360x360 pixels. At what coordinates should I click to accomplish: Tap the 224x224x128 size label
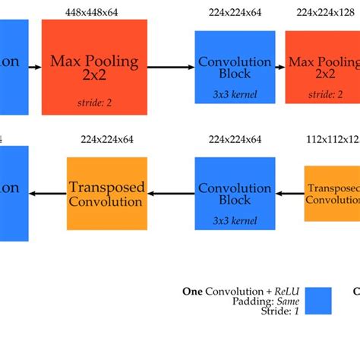pyautogui.click(x=327, y=12)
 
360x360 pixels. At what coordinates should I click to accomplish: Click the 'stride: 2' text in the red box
pyautogui.click(x=94, y=102)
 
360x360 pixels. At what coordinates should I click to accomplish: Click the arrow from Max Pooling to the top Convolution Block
pyautogui.click(x=171, y=68)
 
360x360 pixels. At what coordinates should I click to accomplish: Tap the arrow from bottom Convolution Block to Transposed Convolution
pyautogui.click(x=171, y=194)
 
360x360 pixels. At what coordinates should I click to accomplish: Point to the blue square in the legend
pyautogui.click(x=318, y=301)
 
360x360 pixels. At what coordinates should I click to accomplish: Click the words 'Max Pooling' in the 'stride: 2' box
pyautogui.click(x=94, y=61)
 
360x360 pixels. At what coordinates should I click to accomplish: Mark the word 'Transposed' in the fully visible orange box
pyautogui.click(x=106, y=187)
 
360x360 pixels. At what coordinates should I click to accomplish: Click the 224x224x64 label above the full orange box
pyautogui.click(x=106, y=139)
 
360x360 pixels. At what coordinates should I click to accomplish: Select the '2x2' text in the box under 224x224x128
pyautogui.click(x=325, y=74)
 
